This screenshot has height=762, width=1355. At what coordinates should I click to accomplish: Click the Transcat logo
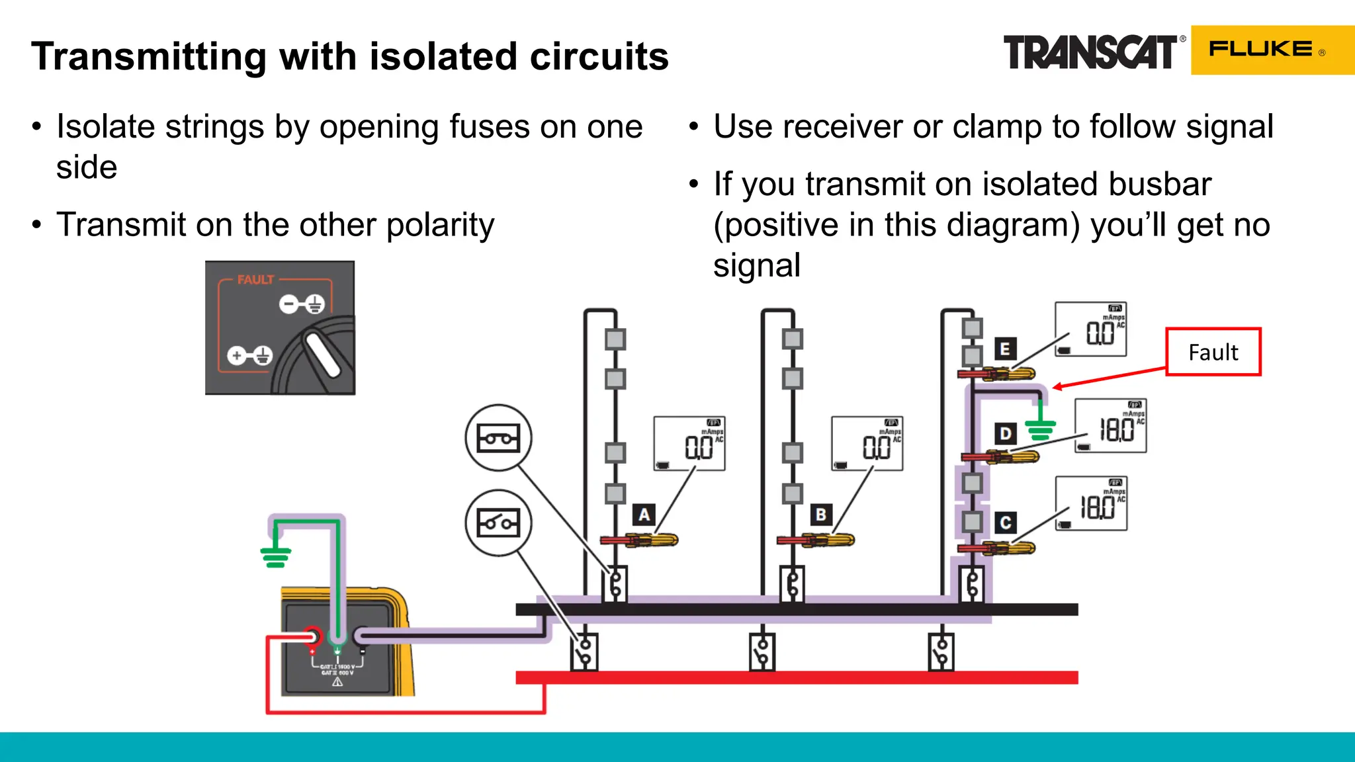[x=1090, y=52]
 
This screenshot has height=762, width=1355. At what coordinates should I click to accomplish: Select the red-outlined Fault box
[x=1213, y=352]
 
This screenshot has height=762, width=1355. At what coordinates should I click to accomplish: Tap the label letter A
[x=644, y=515]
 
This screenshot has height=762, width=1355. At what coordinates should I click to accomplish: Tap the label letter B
[x=821, y=515]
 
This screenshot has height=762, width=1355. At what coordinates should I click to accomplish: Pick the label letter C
[x=1005, y=523]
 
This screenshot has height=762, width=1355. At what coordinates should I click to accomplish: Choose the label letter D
[x=1005, y=434]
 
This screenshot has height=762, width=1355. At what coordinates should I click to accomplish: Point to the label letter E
[x=1004, y=349]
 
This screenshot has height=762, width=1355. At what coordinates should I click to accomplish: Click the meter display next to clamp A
[x=689, y=443]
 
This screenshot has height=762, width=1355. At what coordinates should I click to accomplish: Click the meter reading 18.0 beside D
[x=1110, y=426]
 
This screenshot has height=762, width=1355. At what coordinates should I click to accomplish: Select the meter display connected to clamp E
[x=1090, y=329]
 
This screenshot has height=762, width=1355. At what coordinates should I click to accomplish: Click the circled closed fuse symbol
[x=498, y=438]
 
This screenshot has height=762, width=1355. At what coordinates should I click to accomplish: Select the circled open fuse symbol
[x=498, y=523]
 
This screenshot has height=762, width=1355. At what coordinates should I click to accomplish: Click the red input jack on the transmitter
[x=312, y=637]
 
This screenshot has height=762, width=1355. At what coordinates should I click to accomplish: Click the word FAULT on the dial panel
[x=255, y=280]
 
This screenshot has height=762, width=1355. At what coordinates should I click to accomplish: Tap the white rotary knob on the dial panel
[x=322, y=355]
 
